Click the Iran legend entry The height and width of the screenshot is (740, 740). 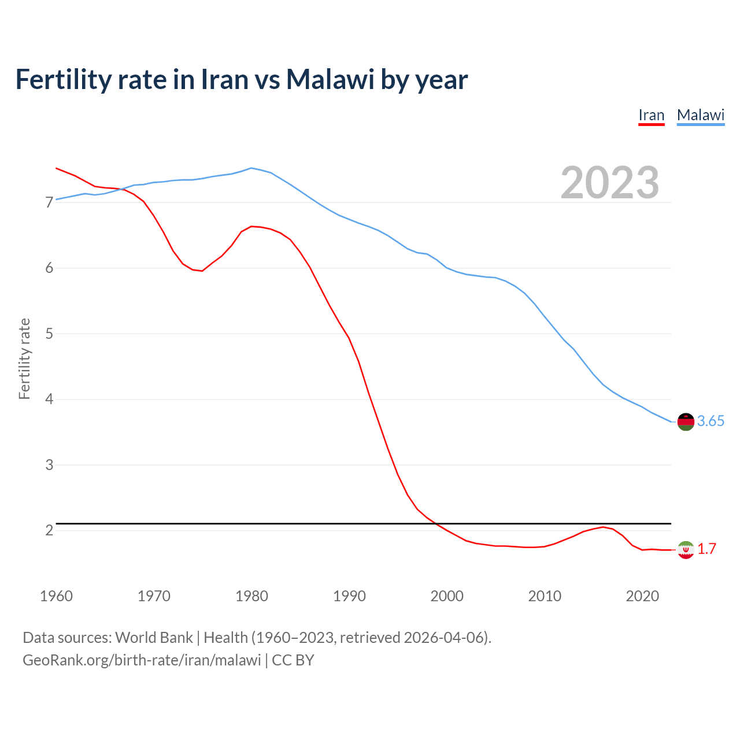(x=651, y=116)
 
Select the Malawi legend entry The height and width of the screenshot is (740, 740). (x=701, y=116)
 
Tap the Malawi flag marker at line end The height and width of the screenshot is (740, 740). (x=686, y=421)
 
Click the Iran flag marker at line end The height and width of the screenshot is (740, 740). (x=686, y=549)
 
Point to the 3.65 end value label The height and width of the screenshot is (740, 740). (x=711, y=421)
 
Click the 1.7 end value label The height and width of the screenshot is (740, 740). (x=706, y=549)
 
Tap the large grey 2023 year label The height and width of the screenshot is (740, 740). (x=610, y=183)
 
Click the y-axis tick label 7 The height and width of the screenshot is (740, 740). (x=49, y=202)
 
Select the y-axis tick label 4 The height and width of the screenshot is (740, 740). (x=49, y=399)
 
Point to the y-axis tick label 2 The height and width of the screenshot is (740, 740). (x=49, y=530)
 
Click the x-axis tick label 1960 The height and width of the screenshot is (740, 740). (x=56, y=596)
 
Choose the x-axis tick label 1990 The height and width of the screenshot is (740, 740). (x=349, y=596)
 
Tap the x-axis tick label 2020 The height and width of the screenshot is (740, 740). (x=642, y=596)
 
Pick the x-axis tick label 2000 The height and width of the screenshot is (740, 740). (x=447, y=596)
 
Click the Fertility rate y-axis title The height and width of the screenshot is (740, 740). (x=24, y=358)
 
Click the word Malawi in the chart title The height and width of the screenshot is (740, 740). (x=330, y=79)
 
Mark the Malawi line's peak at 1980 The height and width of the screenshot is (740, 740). (x=251, y=168)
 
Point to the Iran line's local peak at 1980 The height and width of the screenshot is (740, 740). (x=251, y=226)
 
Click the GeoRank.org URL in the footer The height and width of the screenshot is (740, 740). (x=142, y=660)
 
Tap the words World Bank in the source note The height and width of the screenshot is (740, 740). (x=154, y=638)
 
